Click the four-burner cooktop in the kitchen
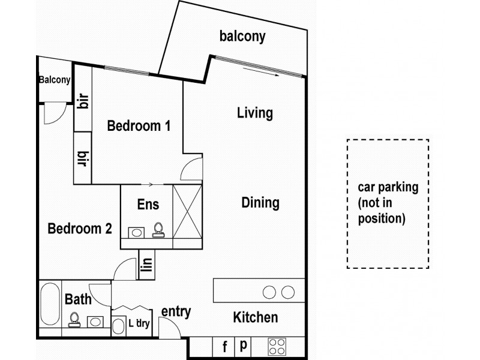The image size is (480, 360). (x=277, y=346)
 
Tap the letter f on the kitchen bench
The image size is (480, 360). (x=224, y=346)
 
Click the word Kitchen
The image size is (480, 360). (x=255, y=317)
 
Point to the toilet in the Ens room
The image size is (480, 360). (x=158, y=230)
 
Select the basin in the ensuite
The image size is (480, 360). (x=137, y=232)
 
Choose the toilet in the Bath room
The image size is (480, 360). (x=74, y=319)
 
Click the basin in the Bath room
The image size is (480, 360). (x=95, y=321)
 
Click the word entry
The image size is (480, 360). (x=176, y=311)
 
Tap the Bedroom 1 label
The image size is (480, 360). (x=139, y=126)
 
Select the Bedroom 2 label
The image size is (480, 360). (x=80, y=229)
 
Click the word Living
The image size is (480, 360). (x=254, y=113)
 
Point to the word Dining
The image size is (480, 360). (x=260, y=203)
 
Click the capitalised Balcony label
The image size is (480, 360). (x=55, y=79)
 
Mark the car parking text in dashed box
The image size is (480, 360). (x=387, y=203)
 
